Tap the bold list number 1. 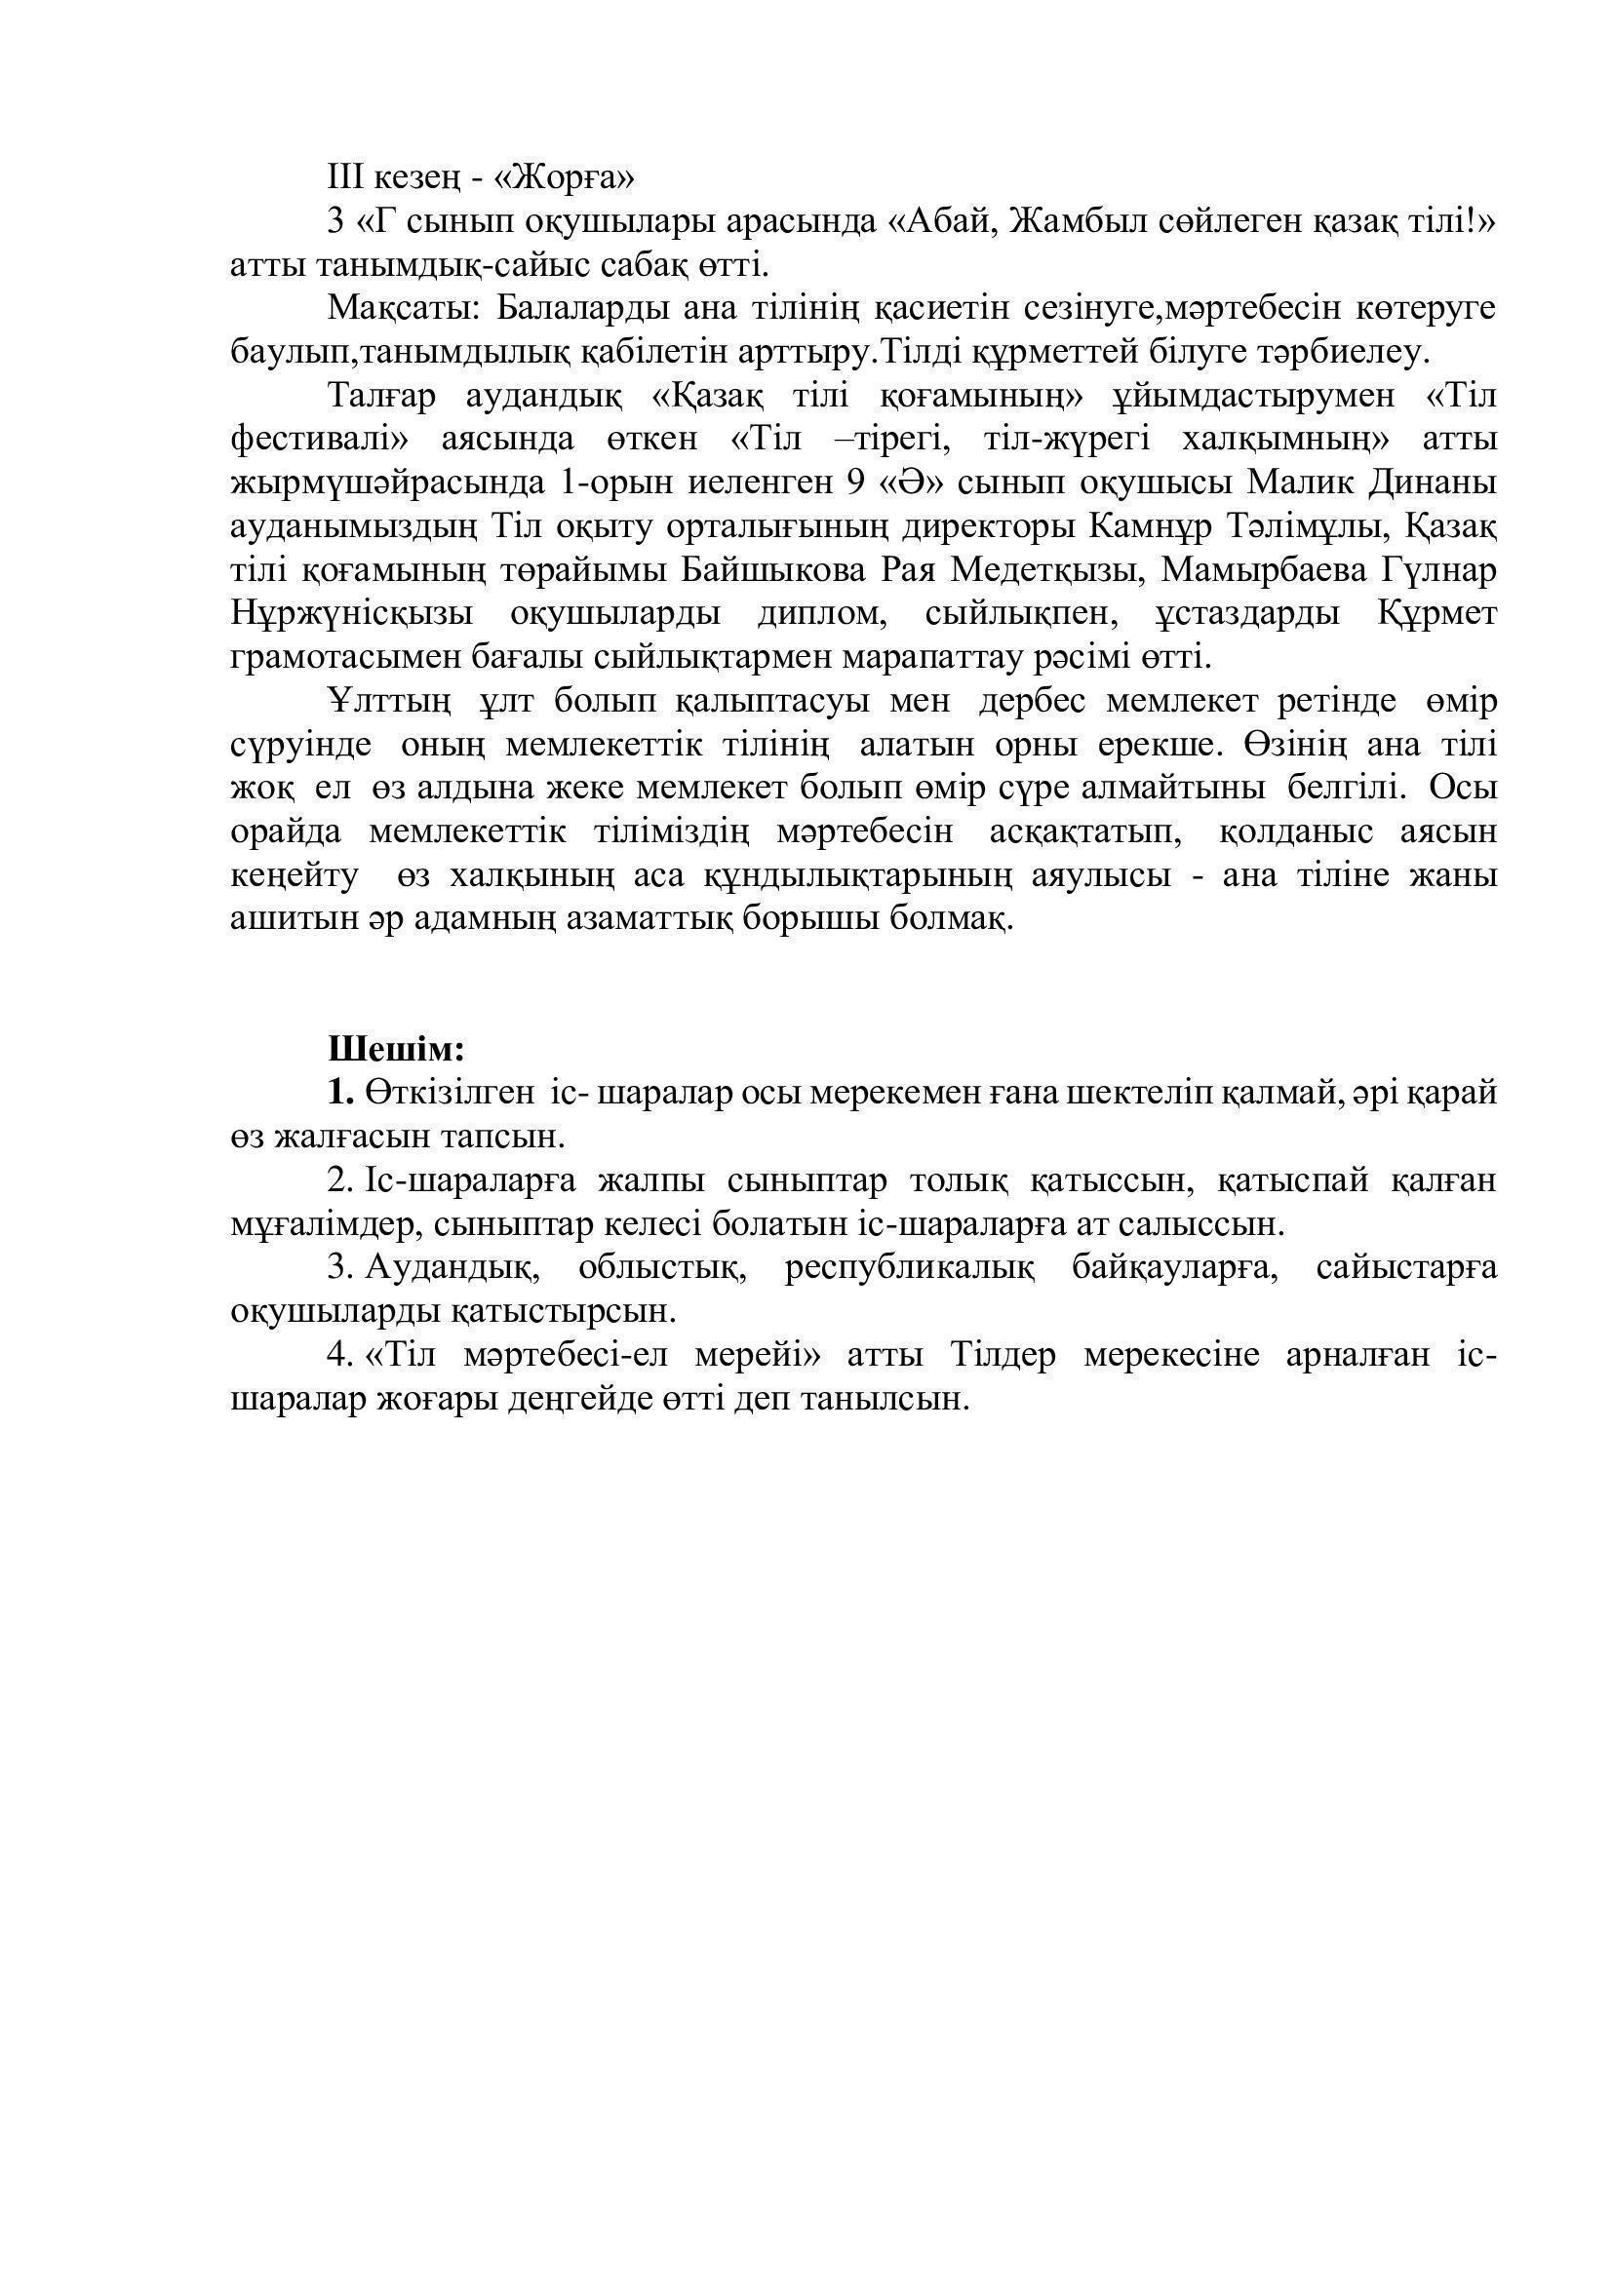tap(340, 1094)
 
